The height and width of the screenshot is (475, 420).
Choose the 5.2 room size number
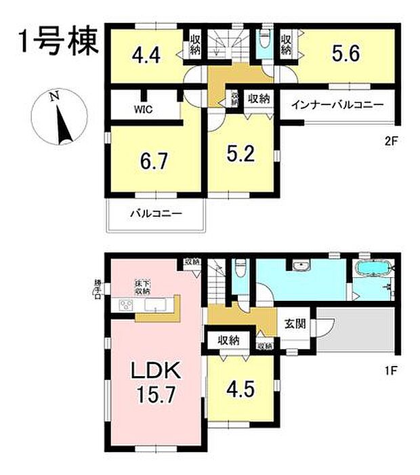(x=242, y=155)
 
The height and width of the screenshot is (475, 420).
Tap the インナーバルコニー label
(x=337, y=105)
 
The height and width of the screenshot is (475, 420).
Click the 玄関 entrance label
(x=295, y=323)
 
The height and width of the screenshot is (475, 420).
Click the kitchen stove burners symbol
(x=127, y=304)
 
